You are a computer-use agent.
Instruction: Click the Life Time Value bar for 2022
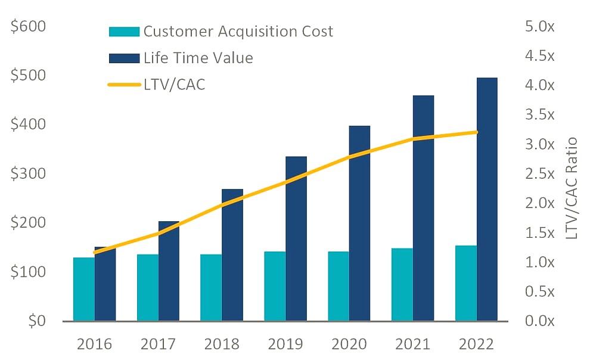(x=487, y=200)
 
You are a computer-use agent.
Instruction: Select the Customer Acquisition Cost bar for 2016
(x=84, y=289)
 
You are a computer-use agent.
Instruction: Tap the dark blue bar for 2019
(x=296, y=239)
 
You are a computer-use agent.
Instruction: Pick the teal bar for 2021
(x=402, y=285)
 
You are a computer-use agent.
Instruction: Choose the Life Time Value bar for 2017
(x=169, y=271)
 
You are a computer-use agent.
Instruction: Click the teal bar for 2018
(x=211, y=288)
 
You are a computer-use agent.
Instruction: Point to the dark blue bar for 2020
(x=359, y=224)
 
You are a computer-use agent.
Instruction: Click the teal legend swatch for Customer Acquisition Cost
(x=125, y=32)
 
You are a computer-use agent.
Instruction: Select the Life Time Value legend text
(x=198, y=58)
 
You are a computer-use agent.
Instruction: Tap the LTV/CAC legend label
(x=175, y=85)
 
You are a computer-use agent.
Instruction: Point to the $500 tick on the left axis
(x=28, y=75)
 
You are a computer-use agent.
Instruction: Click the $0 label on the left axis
(x=37, y=321)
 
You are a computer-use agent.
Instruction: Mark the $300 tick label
(x=28, y=173)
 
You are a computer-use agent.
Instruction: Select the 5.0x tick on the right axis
(x=540, y=26)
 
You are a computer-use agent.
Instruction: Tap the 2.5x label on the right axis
(x=540, y=173)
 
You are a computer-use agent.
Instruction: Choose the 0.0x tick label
(x=540, y=321)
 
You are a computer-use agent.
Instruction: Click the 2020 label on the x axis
(x=349, y=344)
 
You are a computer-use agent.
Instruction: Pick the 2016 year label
(x=94, y=344)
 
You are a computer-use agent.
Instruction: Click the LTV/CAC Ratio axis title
(x=572, y=188)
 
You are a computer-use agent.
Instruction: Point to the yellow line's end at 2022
(x=477, y=132)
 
